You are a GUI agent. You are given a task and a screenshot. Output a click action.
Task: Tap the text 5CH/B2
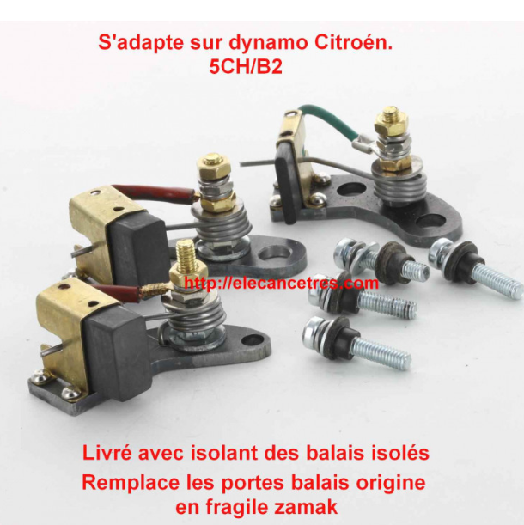click(246, 66)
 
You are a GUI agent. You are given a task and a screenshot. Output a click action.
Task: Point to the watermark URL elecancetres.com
click(281, 284)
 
